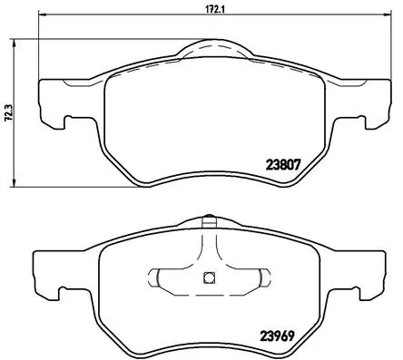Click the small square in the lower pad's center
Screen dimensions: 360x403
click(x=207, y=278)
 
